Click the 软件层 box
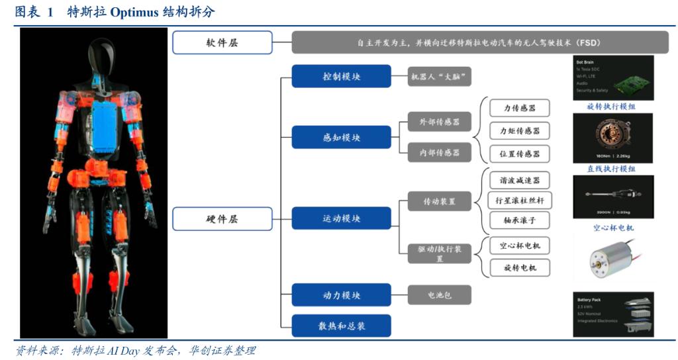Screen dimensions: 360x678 click(x=222, y=42)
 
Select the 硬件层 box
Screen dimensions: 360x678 click(x=222, y=218)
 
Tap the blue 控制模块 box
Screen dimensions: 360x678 click(x=341, y=77)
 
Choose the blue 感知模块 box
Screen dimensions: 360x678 click(x=341, y=138)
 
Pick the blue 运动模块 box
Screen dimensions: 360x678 click(x=341, y=218)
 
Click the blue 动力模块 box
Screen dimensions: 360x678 click(x=341, y=295)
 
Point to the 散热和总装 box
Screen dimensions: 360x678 click(x=341, y=326)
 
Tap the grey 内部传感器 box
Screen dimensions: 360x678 click(x=439, y=152)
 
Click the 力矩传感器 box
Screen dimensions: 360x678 click(x=519, y=130)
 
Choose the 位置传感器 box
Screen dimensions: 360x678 click(x=519, y=154)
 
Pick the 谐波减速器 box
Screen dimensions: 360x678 click(x=519, y=179)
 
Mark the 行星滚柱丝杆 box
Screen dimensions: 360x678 click(x=519, y=200)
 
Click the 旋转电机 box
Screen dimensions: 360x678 click(x=519, y=267)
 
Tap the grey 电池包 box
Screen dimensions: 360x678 click(x=439, y=295)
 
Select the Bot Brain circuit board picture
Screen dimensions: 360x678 click(x=612, y=77)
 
